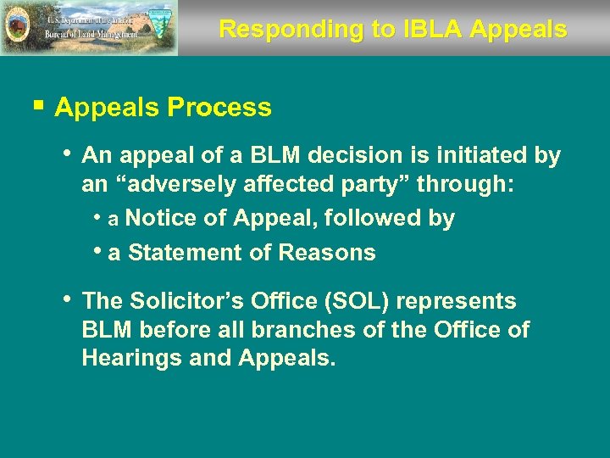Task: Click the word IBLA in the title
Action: click(424, 29)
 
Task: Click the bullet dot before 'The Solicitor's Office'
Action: click(67, 299)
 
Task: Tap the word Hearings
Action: click(131, 358)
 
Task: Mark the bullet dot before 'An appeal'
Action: click(67, 154)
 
